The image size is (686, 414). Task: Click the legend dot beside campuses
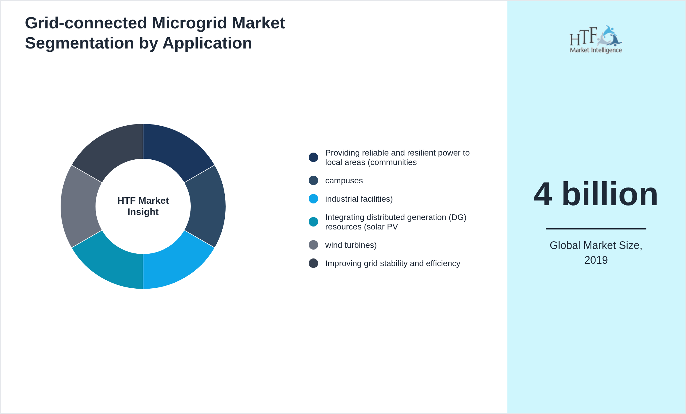(313, 180)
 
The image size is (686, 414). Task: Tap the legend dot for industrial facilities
(313, 199)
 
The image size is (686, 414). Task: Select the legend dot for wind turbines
(313, 245)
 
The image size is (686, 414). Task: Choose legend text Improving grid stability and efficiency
(392, 263)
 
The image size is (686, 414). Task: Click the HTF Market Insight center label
(143, 206)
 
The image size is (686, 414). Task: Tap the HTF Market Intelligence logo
(596, 39)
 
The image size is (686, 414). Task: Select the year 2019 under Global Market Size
(596, 260)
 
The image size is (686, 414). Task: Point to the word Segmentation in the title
(80, 43)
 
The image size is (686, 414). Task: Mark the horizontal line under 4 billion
(596, 229)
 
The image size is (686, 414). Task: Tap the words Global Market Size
(596, 245)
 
